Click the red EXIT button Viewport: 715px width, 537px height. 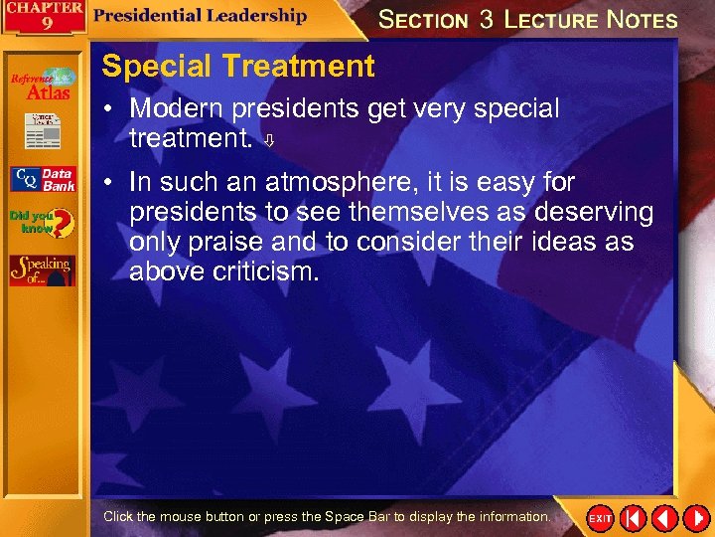coord(601,518)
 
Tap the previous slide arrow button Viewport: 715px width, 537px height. coord(663,518)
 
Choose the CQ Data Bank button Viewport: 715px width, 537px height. coord(42,179)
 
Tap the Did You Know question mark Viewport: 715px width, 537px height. coord(42,223)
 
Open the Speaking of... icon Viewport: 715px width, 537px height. coord(42,269)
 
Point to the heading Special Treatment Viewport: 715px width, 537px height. coord(238,67)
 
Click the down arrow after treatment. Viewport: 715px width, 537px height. coord(268,141)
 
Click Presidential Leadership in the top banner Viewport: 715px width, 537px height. coord(201,15)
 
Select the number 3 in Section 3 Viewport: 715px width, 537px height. coord(486,19)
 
